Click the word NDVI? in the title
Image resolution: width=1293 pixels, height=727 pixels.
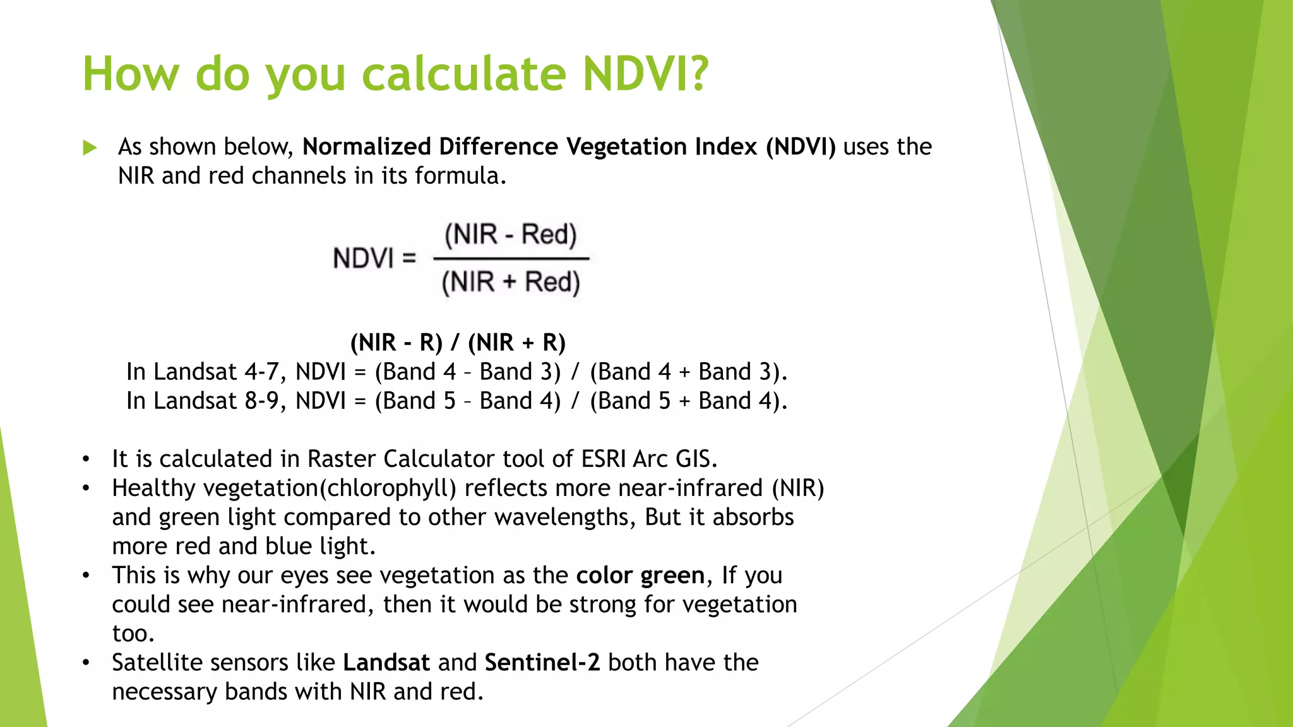click(645, 74)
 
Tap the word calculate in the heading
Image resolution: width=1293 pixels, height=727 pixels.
click(464, 74)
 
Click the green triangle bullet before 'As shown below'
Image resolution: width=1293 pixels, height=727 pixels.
click(90, 148)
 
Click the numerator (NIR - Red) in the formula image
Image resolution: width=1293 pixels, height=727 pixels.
click(511, 235)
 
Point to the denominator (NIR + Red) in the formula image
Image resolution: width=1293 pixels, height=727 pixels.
click(511, 282)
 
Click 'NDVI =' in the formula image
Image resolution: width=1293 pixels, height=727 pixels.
click(374, 258)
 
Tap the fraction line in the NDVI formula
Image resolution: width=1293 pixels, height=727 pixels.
click(511, 258)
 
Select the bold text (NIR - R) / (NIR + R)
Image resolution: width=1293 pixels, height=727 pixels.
click(458, 343)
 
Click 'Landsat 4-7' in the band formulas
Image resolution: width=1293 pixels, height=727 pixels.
click(215, 372)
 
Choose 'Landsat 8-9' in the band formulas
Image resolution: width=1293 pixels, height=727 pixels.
click(215, 401)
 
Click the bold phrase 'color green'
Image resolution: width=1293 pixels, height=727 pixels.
click(640, 575)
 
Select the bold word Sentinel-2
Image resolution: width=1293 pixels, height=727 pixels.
click(542, 662)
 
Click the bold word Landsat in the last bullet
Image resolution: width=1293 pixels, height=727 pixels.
click(386, 662)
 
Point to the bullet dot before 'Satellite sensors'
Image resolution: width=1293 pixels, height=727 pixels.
click(86, 663)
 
